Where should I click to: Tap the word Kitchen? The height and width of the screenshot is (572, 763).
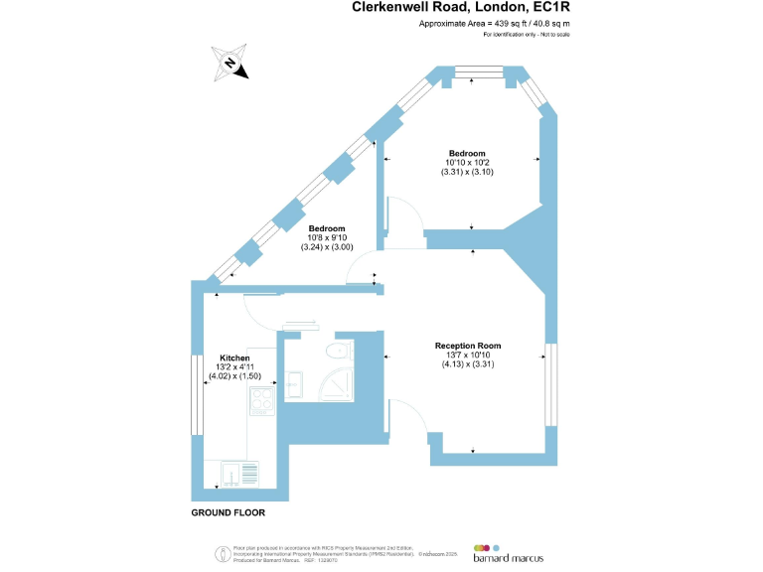234,357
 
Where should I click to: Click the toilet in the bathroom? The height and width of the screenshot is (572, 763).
339,349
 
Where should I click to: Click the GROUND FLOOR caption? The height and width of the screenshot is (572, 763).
229,513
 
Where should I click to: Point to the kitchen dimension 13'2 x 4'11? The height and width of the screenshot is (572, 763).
235,367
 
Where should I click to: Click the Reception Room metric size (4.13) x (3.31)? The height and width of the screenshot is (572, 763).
468,364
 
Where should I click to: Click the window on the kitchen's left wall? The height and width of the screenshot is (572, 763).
197,395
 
